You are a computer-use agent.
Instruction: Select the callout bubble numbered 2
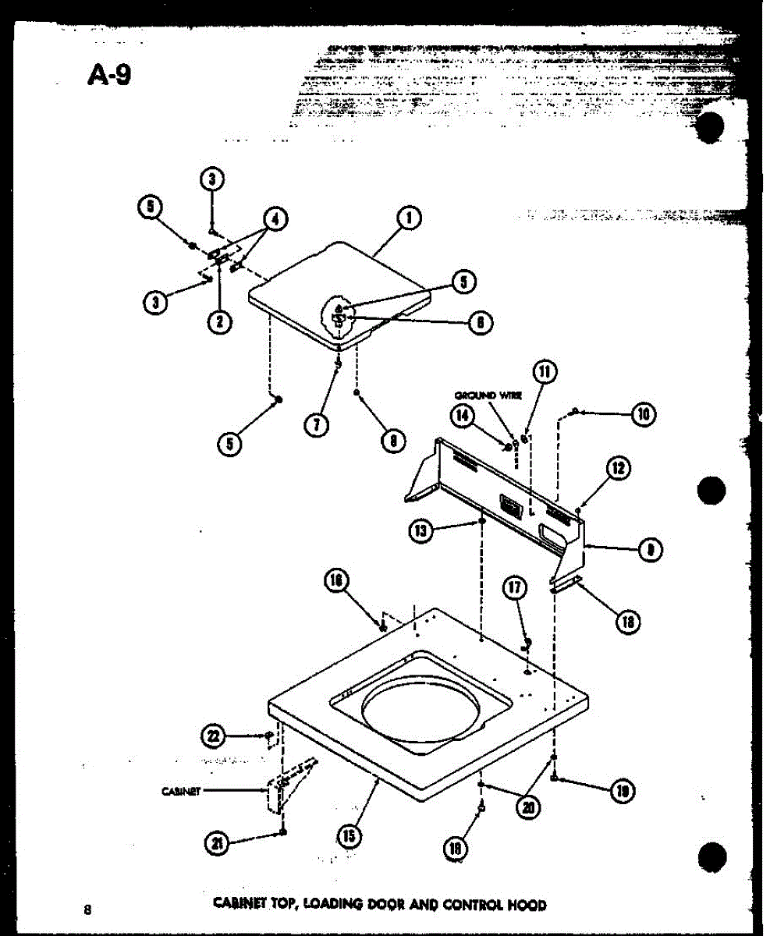click(221, 319)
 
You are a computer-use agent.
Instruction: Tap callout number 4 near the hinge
click(275, 219)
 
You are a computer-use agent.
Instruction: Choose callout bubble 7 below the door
click(316, 424)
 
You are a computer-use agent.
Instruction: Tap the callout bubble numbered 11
click(544, 372)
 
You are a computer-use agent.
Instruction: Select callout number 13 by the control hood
click(420, 531)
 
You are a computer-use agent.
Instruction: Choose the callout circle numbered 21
click(217, 842)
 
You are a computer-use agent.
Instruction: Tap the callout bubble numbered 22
click(213, 735)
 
